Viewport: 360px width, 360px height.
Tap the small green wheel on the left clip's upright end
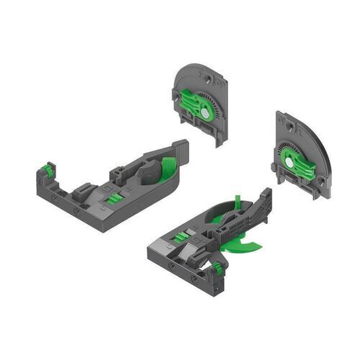[x=48, y=170]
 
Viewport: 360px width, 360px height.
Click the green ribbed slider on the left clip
[x=114, y=197]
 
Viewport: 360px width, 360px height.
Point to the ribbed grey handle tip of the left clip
[x=182, y=150]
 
